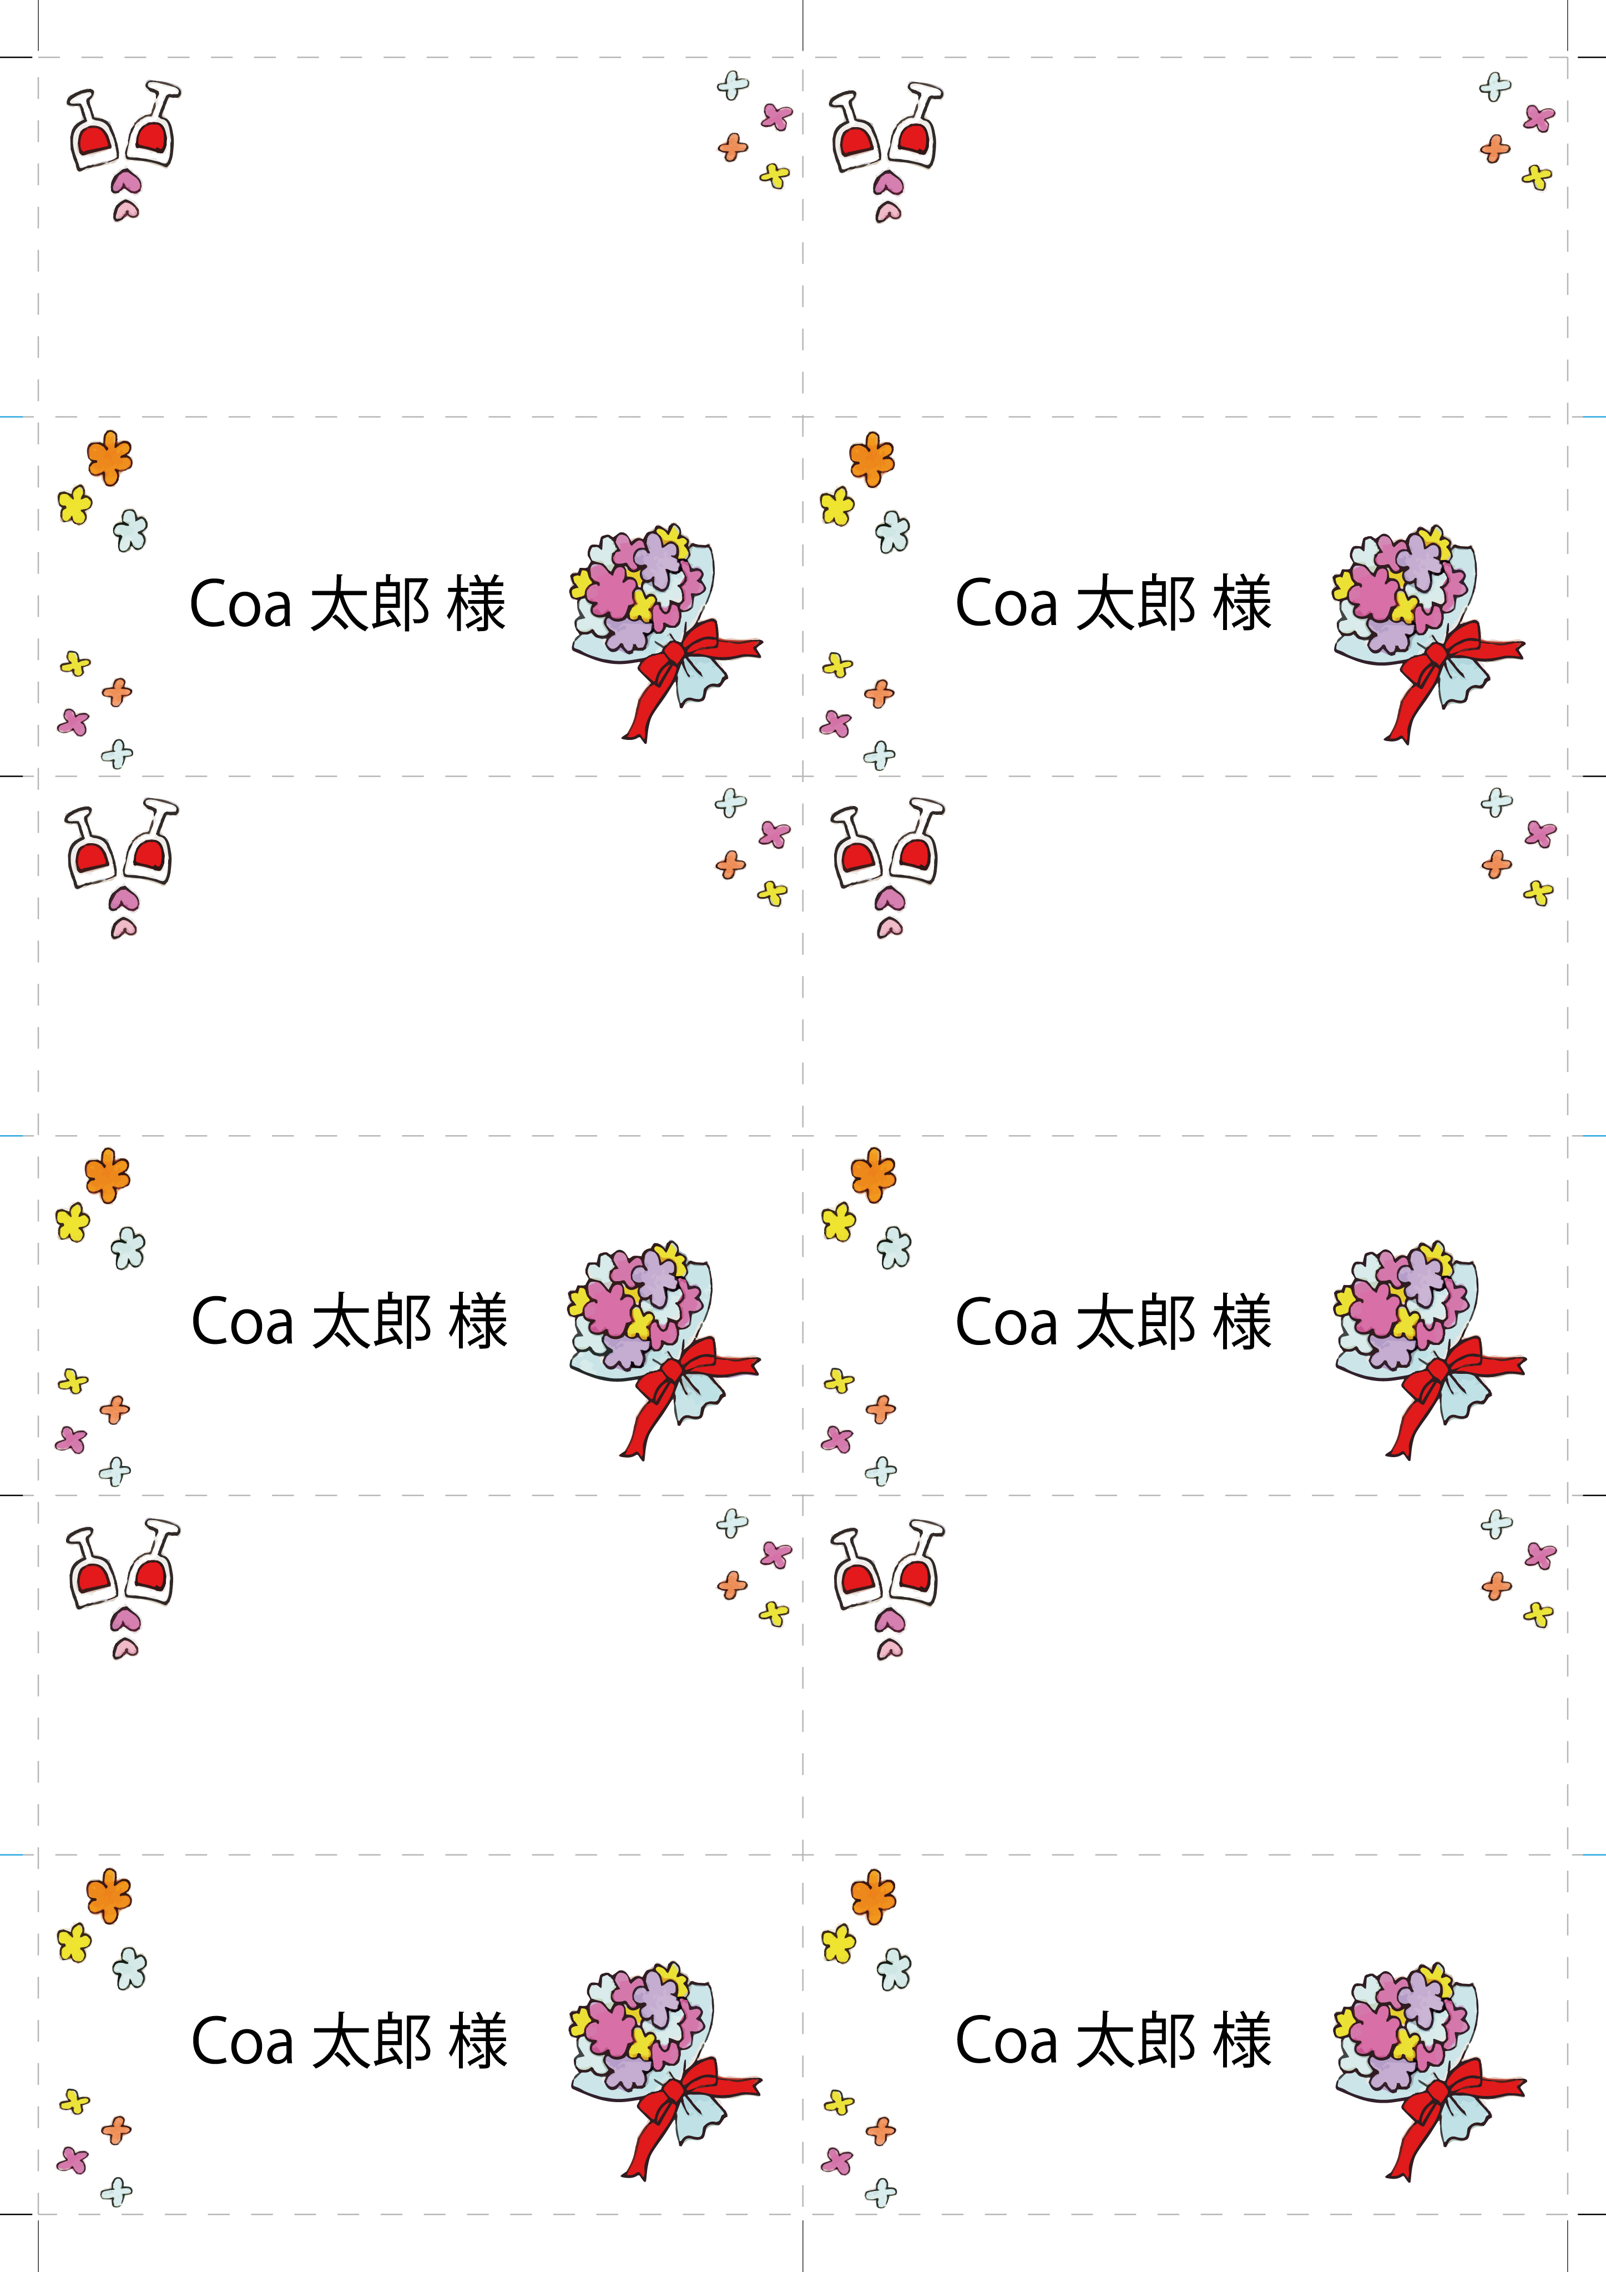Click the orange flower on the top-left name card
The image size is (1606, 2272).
pos(109,457)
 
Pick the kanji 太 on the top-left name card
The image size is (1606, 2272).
pos(340,603)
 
